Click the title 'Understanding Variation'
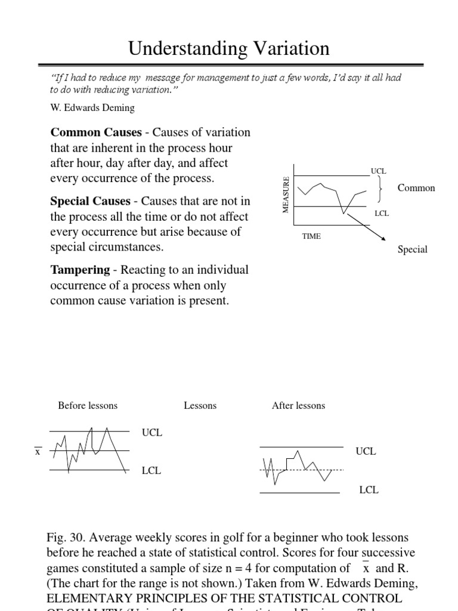pos(229,48)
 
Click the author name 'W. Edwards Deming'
pos(92,108)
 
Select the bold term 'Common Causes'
pos(96,132)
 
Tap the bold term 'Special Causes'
pos(94,202)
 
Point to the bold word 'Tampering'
pos(80,270)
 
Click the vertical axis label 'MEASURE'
pos(286,195)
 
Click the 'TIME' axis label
pos(311,236)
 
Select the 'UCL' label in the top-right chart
pos(379,171)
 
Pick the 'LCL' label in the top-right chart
pos(382,213)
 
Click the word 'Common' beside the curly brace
pos(416,188)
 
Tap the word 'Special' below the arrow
pos(412,249)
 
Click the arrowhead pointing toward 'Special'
pos(381,238)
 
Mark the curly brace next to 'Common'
pos(379,190)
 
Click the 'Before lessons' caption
pos(88,406)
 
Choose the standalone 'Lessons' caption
pos(200,406)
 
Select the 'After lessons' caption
pos(298,406)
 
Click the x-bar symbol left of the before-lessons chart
pos(38,452)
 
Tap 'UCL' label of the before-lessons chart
pos(151,433)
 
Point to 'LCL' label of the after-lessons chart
pos(369,490)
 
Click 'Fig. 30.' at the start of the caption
pos(67,538)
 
